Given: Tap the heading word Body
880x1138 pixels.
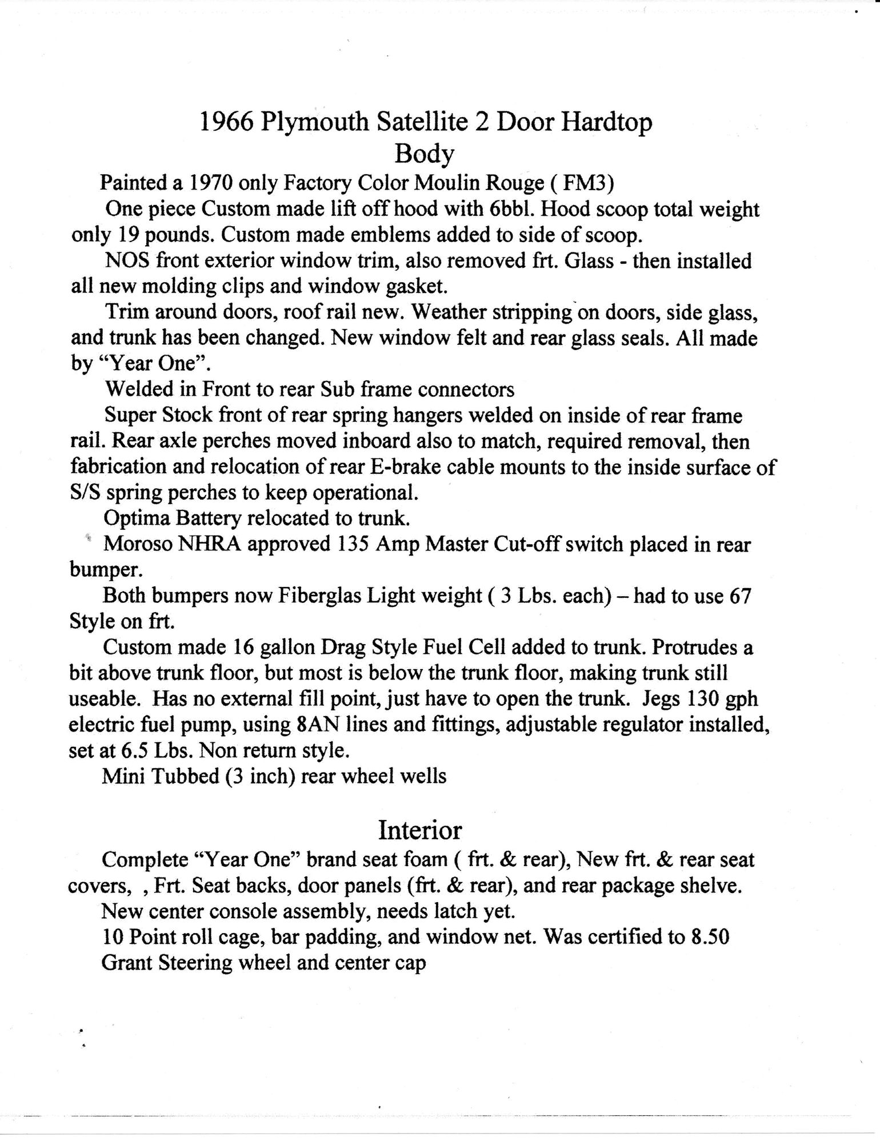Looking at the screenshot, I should tap(424, 153).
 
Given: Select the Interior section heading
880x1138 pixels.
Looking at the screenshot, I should tap(420, 830).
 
